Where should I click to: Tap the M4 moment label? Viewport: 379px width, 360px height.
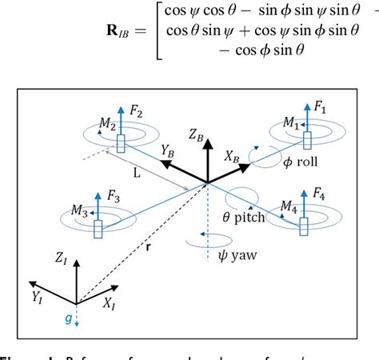click(289, 208)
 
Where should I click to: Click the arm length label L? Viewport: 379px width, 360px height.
click(138, 173)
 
